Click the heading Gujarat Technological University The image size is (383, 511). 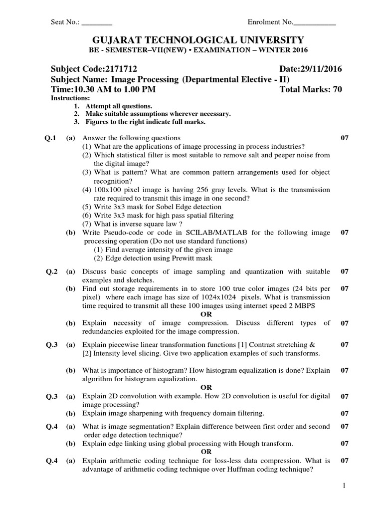pos(191,39)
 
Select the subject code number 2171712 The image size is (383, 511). pos(119,69)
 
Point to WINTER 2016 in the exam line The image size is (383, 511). pos(285,50)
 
